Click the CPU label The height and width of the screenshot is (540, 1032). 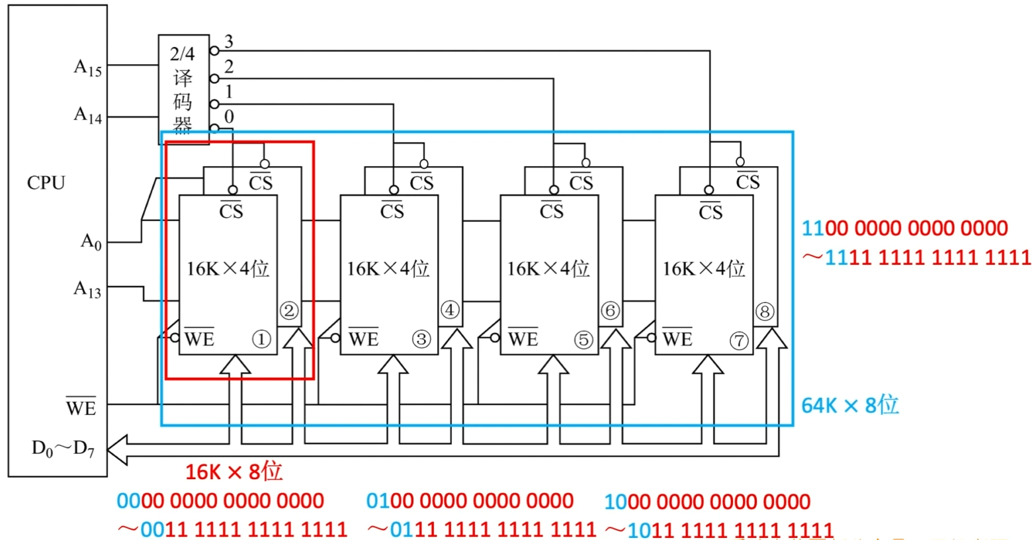tap(46, 183)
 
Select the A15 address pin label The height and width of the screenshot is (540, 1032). tap(87, 67)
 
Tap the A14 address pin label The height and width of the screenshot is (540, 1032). tap(87, 115)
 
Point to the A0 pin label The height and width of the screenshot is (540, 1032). tap(91, 242)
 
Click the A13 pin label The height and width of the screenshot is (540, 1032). tap(87, 289)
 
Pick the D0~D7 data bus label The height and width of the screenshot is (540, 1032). tap(63, 449)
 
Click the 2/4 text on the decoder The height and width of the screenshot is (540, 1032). tap(183, 54)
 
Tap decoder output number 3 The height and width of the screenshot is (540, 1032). tap(229, 42)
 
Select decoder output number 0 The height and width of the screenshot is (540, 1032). tap(229, 116)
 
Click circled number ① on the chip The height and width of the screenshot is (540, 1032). tap(261, 339)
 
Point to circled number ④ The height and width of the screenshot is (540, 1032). tap(450, 310)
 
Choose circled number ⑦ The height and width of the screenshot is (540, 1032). tap(738, 341)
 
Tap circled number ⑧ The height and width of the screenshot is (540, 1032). tap(765, 311)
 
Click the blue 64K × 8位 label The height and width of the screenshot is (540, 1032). tap(849, 405)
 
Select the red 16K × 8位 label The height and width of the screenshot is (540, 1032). tap(234, 472)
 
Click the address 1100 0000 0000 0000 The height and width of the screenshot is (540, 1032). tap(904, 228)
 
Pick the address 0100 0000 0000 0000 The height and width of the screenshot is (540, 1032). tap(470, 501)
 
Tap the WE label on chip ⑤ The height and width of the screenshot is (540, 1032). tap(523, 339)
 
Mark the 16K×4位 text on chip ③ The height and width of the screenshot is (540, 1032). tap(388, 269)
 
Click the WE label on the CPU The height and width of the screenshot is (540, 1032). tap(81, 408)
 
